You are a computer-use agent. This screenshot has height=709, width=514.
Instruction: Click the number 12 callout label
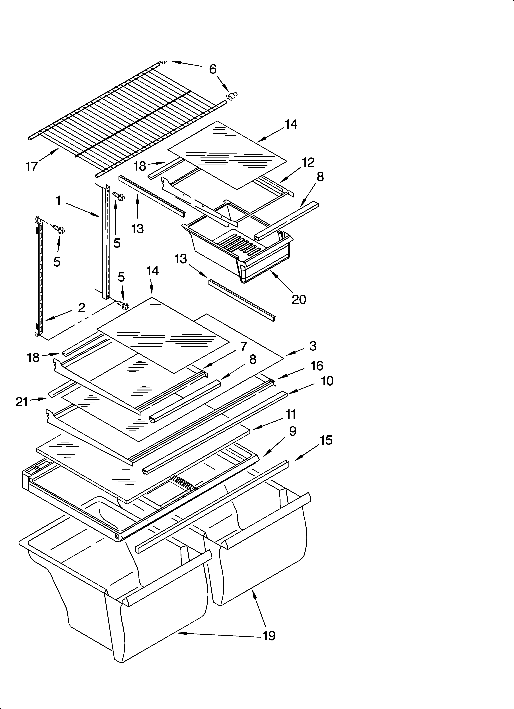tap(308, 162)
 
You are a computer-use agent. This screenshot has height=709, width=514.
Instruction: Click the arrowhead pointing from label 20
tap(272, 273)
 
